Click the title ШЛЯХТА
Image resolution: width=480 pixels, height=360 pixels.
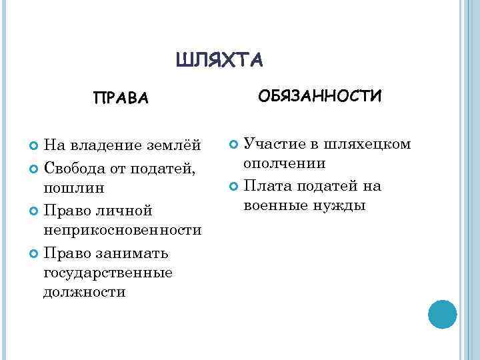click(220, 60)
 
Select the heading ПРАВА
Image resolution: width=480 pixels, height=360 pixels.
click(121, 99)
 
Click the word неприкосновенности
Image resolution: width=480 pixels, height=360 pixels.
click(122, 230)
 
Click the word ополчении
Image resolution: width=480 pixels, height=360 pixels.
click(285, 163)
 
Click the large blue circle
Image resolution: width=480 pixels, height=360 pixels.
click(441, 313)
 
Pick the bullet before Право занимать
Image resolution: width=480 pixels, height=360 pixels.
click(35, 253)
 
